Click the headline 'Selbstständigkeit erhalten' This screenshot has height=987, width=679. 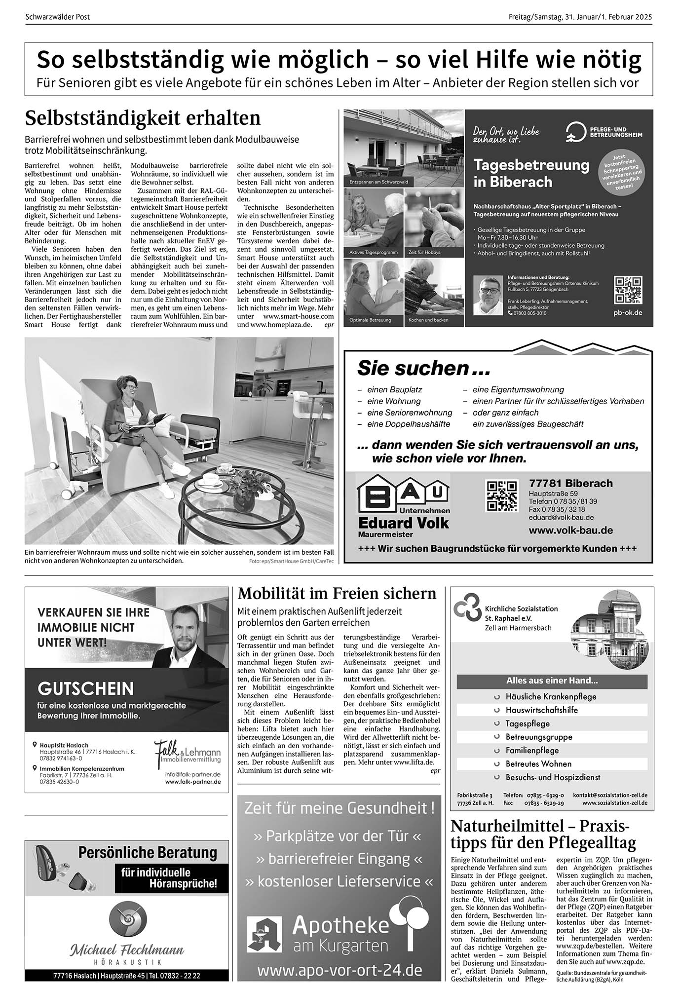point(143,118)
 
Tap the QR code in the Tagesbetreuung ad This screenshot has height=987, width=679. point(628,290)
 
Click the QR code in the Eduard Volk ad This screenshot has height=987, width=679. point(502,495)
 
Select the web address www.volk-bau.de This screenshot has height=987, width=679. point(570,531)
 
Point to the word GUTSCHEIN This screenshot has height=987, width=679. point(85,688)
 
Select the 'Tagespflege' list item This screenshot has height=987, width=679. point(527,723)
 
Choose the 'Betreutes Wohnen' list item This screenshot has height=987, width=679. point(538,764)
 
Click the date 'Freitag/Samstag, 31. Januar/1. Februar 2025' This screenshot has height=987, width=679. point(580,17)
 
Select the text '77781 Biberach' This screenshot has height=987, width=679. point(570,483)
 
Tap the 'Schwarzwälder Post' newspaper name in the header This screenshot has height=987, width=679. point(58,17)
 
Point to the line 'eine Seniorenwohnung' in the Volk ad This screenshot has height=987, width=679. point(410,413)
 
